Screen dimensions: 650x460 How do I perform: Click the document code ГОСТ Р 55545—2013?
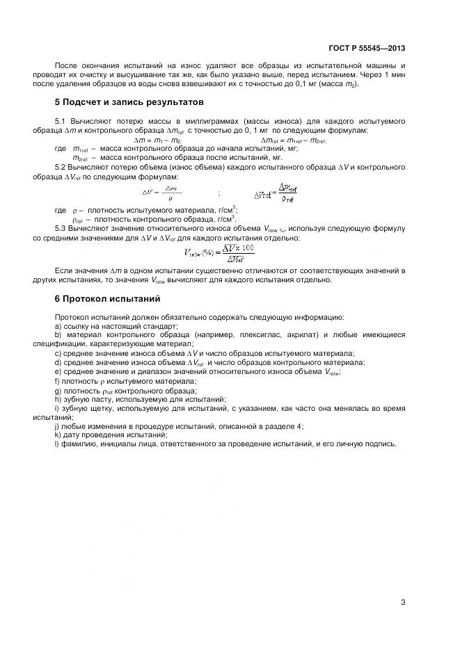point(366,48)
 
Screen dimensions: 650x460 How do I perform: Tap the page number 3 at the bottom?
point(403,602)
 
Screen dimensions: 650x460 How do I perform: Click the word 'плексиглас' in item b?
point(263,334)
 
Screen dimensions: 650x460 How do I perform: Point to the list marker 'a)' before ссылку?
point(57,325)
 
